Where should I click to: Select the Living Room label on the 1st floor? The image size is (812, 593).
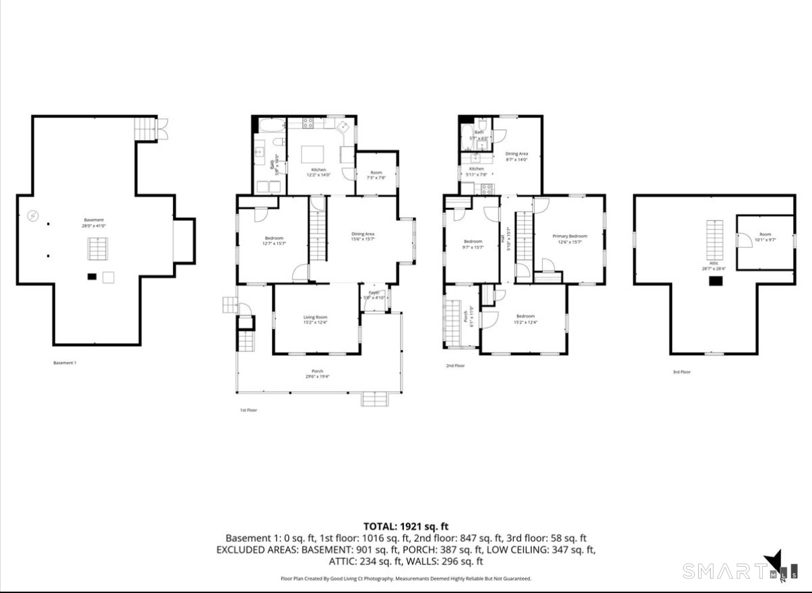click(x=315, y=320)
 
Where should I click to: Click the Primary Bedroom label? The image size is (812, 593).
click(x=570, y=239)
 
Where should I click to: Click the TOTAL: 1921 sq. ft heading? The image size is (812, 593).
click(x=406, y=526)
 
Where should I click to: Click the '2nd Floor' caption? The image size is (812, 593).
click(x=455, y=365)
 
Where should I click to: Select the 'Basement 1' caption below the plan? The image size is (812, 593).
click(x=65, y=363)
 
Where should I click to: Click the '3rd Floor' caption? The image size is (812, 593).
click(x=681, y=372)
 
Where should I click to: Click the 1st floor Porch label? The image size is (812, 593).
click(x=317, y=374)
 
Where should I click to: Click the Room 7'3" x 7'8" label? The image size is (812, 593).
click(x=376, y=175)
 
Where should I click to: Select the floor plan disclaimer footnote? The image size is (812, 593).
click(x=406, y=578)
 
